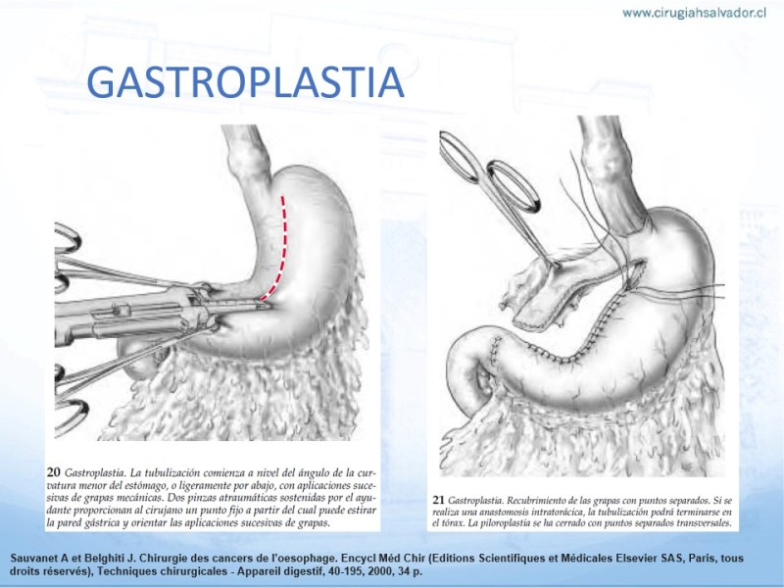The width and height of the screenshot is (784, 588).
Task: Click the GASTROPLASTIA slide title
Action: click(x=245, y=82)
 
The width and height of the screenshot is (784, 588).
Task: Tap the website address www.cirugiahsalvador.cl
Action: click(x=694, y=13)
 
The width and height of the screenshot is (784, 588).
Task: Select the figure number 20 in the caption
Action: click(x=54, y=472)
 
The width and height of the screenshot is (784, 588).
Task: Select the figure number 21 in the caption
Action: click(x=438, y=500)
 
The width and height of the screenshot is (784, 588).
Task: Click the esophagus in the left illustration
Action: click(x=249, y=165)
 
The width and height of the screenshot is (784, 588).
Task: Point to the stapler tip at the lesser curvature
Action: click(x=264, y=304)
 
